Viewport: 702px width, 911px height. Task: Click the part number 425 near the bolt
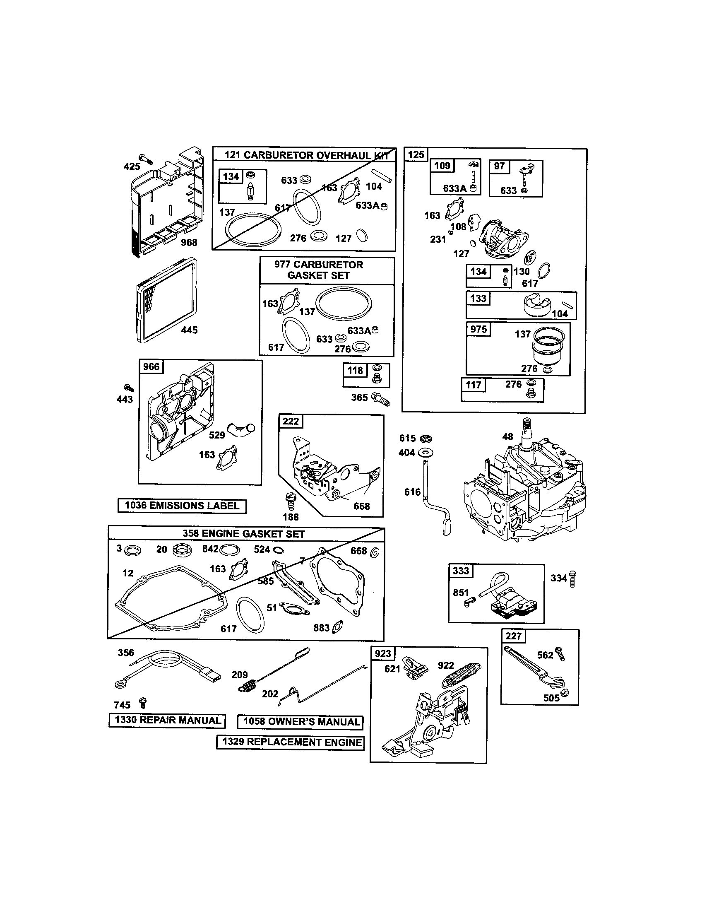click(132, 166)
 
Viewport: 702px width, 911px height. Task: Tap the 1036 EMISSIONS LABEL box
click(182, 506)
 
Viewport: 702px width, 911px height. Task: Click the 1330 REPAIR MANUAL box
click(167, 721)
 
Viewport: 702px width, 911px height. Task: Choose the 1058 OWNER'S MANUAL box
click(300, 722)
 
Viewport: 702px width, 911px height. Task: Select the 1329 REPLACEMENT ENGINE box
click(290, 742)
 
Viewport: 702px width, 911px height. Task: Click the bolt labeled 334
click(573, 579)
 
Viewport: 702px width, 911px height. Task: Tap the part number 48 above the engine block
click(507, 437)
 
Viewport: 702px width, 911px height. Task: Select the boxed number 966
click(151, 366)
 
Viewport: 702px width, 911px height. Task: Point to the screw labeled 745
click(143, 703)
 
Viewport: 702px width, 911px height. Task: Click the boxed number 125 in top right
click(416, 155)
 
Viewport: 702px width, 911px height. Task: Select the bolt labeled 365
click(382, 399)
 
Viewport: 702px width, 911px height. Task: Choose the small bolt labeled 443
click(129, 388)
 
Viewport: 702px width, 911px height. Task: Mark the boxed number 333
click(461, 571)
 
